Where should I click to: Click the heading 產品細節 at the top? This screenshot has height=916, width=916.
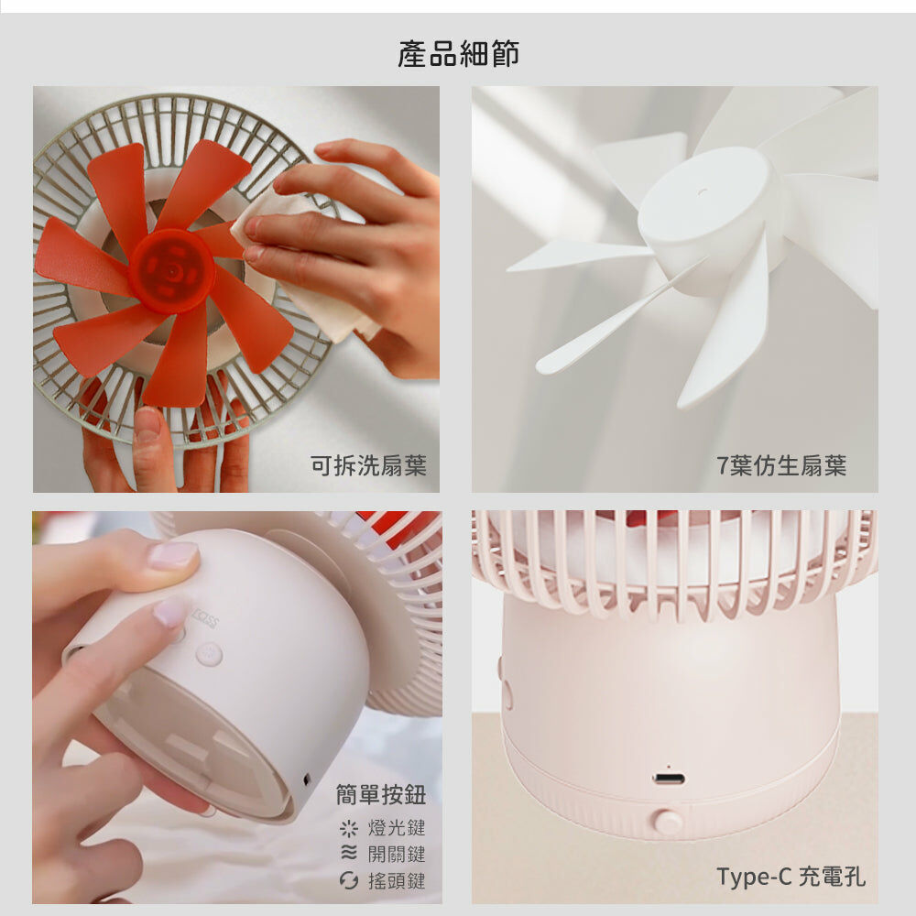[458, 54]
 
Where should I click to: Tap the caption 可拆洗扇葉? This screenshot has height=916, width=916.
[368, 465]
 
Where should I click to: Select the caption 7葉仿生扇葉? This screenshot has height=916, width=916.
[781, 465]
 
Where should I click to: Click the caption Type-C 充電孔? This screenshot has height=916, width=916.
[791, 877]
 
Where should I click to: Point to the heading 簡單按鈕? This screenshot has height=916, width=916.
[381, 794]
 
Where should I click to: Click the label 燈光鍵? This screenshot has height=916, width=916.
[397, 828]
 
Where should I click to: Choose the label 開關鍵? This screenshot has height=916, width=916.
[397, 854]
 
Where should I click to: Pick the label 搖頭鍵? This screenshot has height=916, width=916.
[397, 880]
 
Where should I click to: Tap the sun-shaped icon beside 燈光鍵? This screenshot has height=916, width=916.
[349, 828]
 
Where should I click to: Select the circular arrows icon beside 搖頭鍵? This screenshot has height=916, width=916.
[349, 880]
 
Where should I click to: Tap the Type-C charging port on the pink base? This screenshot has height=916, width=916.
[669, 779]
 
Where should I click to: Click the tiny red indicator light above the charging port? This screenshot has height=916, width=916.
[669, 766]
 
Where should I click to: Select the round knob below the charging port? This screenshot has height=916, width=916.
[667, 823]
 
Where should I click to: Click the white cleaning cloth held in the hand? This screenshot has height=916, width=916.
[304, 263]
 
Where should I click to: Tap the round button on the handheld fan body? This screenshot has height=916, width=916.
[209, 654]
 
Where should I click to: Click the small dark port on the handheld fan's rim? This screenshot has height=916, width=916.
[307, 780]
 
